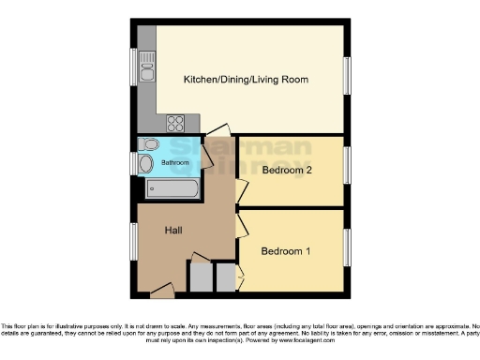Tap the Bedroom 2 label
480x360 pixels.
(x=287, y=172)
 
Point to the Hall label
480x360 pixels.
(x=174, y=230)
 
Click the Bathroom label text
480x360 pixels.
(x=174, y=162)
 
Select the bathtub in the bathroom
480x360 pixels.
(x=174, y=189)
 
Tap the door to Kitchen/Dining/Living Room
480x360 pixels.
(x=217, y=131)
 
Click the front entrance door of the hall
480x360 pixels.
(x=161, y=292)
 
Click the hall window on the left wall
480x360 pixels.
(x=133, y=242)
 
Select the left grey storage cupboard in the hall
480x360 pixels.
(x=201, y=277)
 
